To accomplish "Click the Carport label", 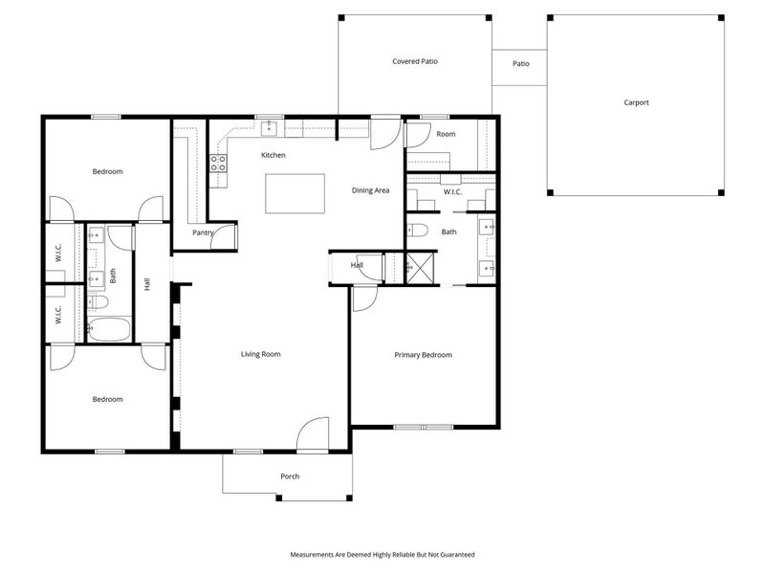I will [x=636, y=102].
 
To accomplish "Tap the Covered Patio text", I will [x=415, y=61].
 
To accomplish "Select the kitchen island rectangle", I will [x=295, y=193].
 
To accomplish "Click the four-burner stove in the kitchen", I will [x=219, y=163].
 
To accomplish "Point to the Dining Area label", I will [x=370, y=190].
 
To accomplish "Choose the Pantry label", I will [x=202, y=232].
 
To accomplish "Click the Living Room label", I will [x=260, y=354].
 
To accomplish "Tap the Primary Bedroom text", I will [x=423, y=355].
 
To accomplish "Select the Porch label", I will [x=290, y=475].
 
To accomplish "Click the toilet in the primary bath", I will [x=417, y=230].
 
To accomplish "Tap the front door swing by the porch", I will [x=313, y=435].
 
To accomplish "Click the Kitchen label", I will [x=273, y=155].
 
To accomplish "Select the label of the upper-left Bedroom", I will [x=107, y=171].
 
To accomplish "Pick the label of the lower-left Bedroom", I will [x=107, y=399].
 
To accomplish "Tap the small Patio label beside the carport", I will [x=520, y=64].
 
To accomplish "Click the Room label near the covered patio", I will [x=446, y=135].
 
